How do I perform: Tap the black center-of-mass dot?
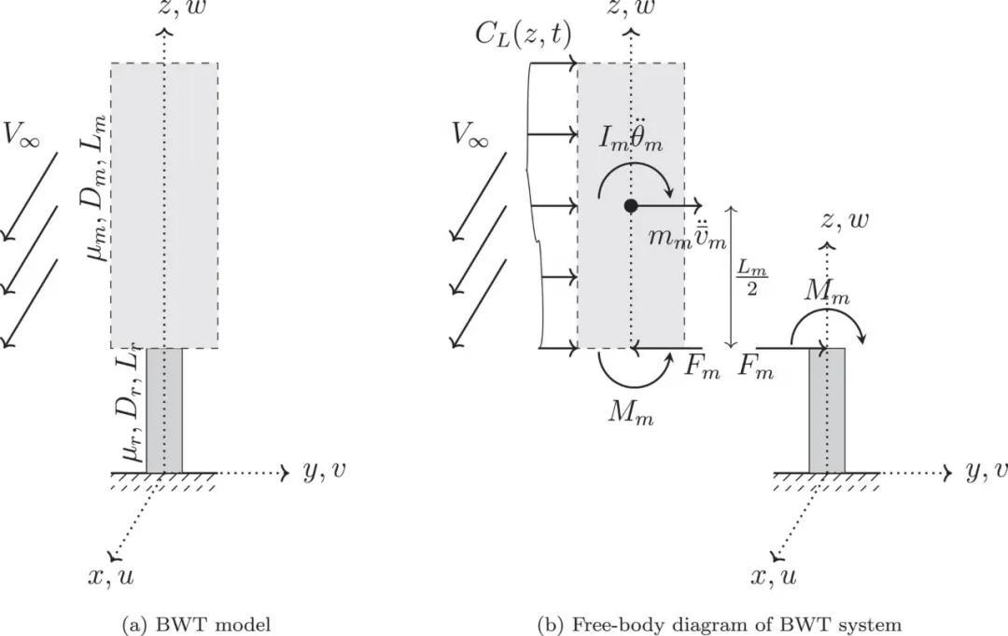[631, 205]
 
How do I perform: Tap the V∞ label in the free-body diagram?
[470, 137]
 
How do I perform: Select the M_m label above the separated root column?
[828, 293]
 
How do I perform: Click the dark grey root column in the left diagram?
[164, 410]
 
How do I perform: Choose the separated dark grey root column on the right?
[827, 410]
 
